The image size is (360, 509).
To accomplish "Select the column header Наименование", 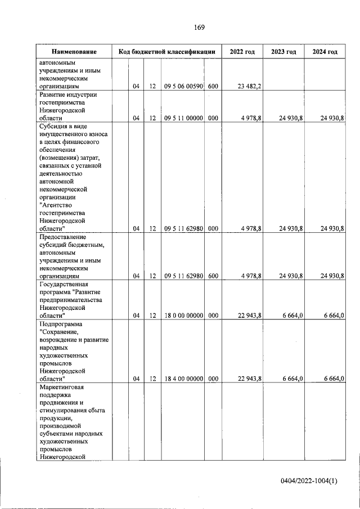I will click(x=74, y=52).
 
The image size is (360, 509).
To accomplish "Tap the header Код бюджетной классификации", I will click(x=167, y=52).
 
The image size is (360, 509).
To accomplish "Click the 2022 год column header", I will click(x=242, y=52).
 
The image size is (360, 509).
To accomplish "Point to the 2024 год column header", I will click(x=325, y=52).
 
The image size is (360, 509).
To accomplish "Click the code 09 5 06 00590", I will click(x=183, y=87).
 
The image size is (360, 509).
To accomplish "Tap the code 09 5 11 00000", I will click(x=183, y=118).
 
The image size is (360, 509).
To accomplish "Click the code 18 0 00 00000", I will click(x=183, y=316).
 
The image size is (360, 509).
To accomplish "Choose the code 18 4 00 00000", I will click(x=183, y=379).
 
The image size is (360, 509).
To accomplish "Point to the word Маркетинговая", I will click(x=62, y=388).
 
